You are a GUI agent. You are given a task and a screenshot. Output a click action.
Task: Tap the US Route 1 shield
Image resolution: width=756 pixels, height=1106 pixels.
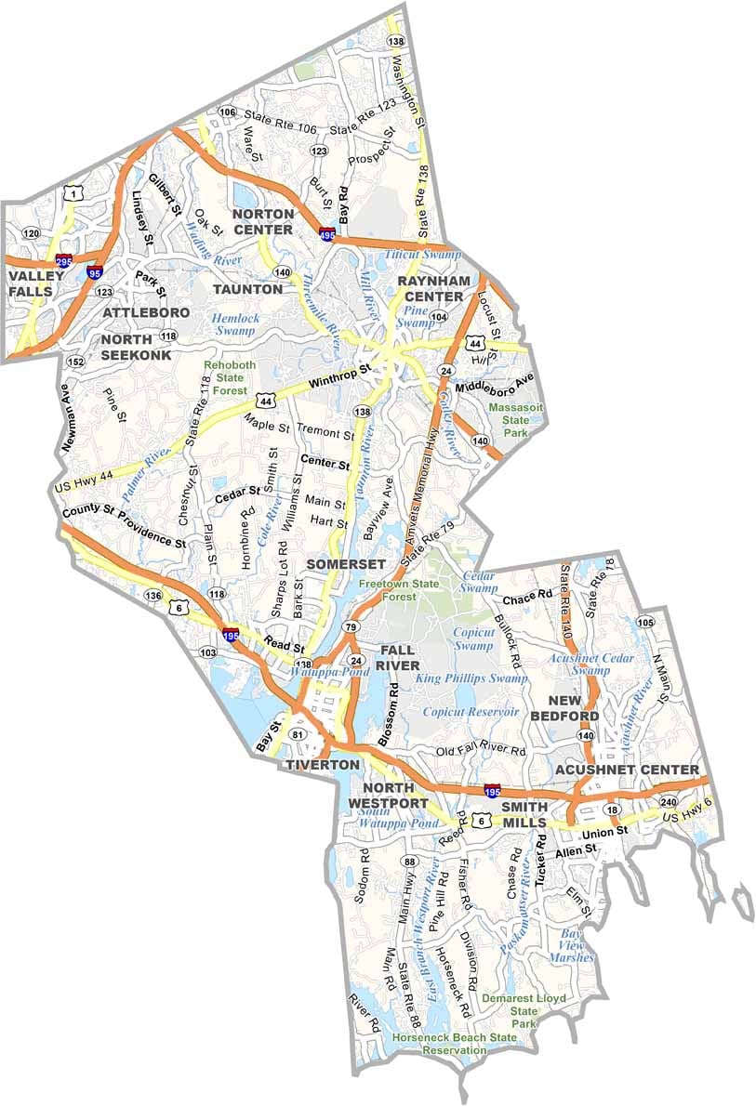(71, 193)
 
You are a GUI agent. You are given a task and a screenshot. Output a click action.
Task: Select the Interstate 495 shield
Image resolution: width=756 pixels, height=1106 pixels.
(327, 234)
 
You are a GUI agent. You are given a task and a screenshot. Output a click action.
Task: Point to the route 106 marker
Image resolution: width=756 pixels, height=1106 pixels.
(227, 112)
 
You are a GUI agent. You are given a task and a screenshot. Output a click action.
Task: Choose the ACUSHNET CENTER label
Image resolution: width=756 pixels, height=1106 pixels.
(626, 770)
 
